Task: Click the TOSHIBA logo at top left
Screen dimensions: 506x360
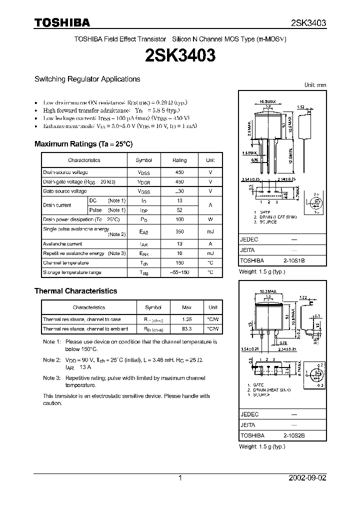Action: [x=62, y=22]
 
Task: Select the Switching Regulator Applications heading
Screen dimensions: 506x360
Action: [x=87, y=79]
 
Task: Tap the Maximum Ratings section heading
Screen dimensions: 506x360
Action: [x=83, y=143]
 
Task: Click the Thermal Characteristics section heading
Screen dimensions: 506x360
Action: [x=75, y=290]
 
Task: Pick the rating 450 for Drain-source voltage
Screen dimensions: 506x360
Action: [x=179, y=172]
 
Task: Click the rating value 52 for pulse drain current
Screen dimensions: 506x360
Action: [x=179, y=210]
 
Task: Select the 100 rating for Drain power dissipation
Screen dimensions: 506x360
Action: [x=179, y=219]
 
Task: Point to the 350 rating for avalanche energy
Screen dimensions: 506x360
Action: [x=179, y=231]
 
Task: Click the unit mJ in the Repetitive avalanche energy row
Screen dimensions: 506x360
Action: [x=210, y=253]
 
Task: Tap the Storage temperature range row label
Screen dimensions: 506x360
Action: [x=72, y=272]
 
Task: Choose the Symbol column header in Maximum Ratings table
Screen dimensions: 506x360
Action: [x=143, y=160]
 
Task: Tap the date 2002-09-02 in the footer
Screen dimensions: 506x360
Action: [x=307, y=478]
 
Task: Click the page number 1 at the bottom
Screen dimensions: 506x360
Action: [x=180, y=478]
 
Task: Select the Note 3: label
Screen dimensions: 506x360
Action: [x=51, y=379]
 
